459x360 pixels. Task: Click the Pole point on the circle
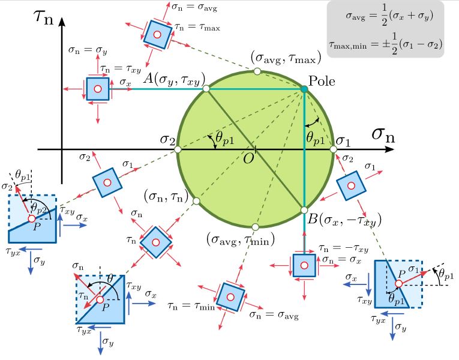(x=304, y=89)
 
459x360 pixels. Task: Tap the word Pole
(x=322, y=81)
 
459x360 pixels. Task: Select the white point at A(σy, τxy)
(x=206, y=89)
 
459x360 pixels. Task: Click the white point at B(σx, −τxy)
(x=304, y=209)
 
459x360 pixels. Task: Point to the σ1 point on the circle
(x=333, y=149)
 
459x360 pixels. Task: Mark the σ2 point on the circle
(x=178, y=149)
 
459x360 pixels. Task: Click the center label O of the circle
(x=247, y=158)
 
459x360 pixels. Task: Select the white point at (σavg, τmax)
(x=257, y=71)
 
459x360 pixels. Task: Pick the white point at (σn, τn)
(x=196, y=201)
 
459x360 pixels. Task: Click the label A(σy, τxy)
(x=171, y=78)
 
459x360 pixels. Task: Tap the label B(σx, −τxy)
(x=337, y=221)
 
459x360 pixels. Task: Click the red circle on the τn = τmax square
(x=157, y=34)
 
